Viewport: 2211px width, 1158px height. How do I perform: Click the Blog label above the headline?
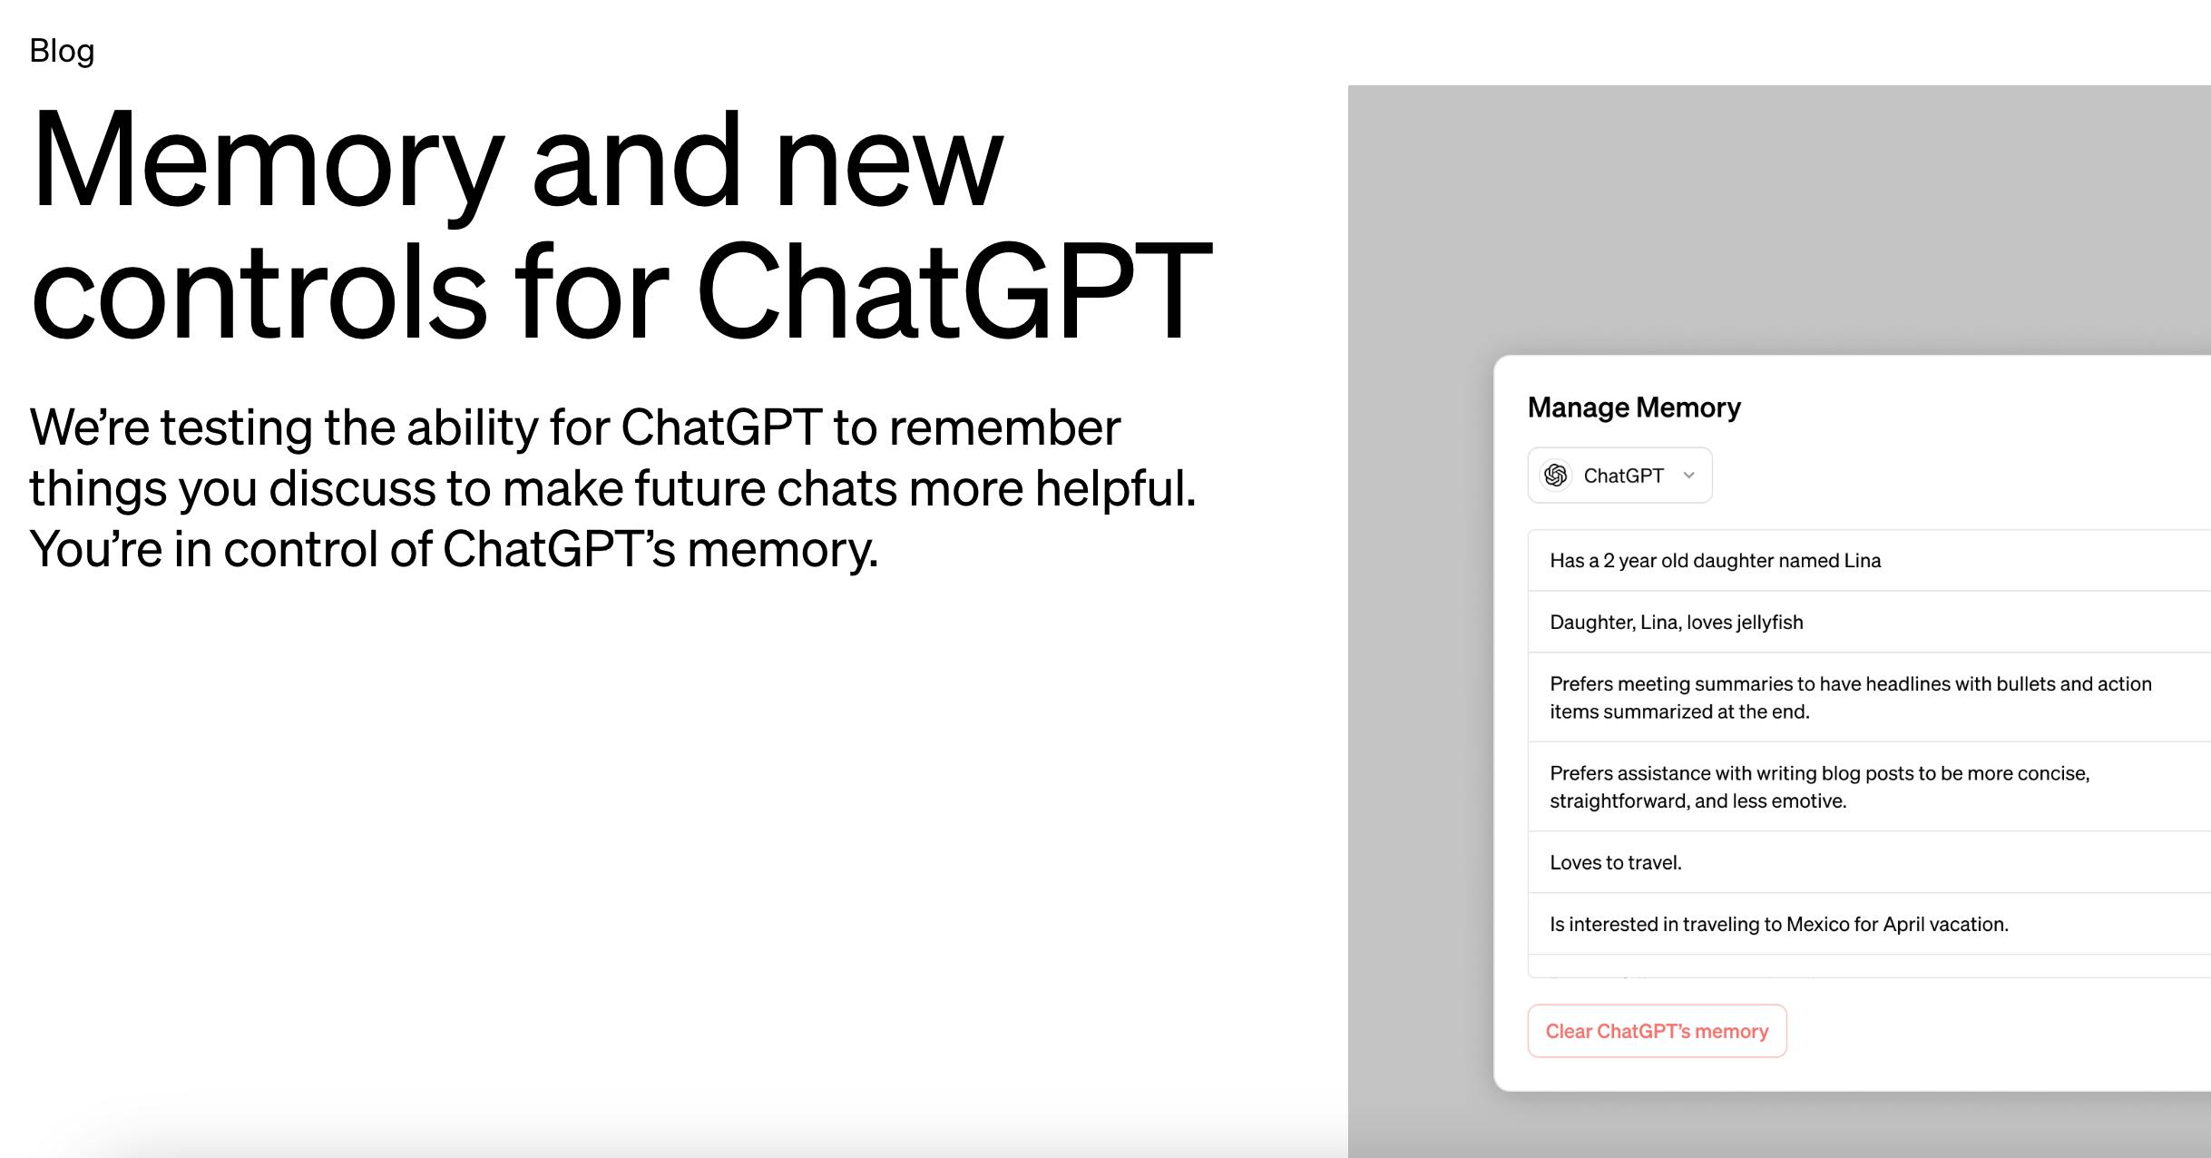tap(62, 51)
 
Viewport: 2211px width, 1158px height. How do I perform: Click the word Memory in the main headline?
tap(268, 163)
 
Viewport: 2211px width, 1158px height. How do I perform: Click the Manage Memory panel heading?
tap(1634, 407)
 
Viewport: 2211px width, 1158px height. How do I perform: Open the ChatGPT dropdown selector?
tap(1619, 476)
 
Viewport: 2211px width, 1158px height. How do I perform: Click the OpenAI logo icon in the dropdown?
tap(1556, 476)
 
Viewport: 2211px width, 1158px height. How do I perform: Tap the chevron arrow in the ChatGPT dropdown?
tap(1688, 476)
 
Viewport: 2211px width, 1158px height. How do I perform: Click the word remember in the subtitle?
tap(1004, 427)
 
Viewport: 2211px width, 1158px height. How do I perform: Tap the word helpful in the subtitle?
tap(1115, 488)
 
